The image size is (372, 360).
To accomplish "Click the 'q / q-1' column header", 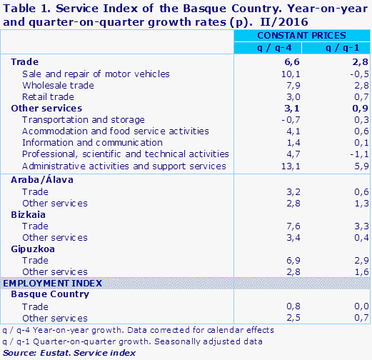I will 336,47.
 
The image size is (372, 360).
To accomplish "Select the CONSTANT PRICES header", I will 301,35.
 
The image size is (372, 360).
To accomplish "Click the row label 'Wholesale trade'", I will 57,86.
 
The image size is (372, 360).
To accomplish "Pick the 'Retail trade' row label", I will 49,97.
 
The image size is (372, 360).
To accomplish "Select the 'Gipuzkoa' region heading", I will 33,249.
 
